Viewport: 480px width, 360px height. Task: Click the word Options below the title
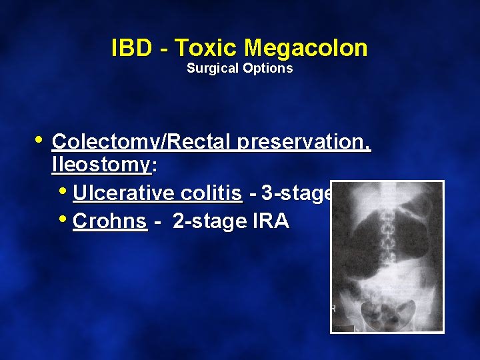269,68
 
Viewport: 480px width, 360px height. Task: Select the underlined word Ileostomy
101,165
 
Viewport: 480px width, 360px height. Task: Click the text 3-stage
297,193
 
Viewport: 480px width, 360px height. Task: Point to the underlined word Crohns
109,221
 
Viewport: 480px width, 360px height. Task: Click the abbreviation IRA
271,221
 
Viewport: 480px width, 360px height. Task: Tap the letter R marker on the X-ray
333,309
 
